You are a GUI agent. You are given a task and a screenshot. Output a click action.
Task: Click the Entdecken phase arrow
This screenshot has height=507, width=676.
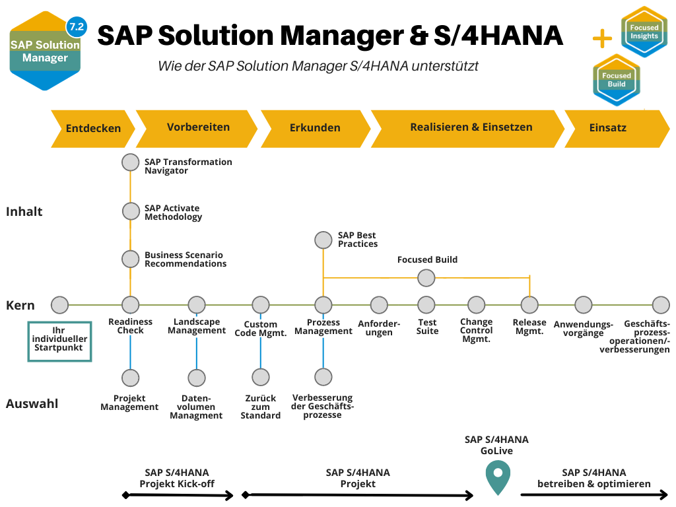tap(92, 128)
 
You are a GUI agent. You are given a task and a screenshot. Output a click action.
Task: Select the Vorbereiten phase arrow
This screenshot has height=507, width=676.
tap(197, 127)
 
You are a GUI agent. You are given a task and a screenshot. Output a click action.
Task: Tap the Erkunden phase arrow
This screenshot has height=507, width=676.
tap(315, 128)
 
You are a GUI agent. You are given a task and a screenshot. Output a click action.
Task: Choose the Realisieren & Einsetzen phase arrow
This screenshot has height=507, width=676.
tap(470, 127)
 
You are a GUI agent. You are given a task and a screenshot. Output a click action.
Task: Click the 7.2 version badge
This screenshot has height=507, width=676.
tap(77, 27)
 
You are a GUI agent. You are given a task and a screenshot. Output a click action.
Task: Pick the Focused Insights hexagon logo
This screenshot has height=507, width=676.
tap(644, 32)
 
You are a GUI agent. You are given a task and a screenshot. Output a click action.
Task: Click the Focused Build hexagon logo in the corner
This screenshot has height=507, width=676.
tap(616, 80)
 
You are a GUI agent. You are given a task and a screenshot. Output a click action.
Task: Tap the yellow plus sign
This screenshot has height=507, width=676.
tap(602, 39)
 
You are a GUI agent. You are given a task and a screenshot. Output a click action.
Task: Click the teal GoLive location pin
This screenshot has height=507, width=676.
tap(497, 477)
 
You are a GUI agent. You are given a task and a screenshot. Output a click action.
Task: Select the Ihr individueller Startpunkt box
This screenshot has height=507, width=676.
tap(59, 341)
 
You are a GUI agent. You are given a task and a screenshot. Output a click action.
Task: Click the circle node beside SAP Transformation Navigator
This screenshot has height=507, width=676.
tap(131, 162)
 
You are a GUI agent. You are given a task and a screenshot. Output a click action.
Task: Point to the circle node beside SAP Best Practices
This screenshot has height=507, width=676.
tap(323, 240)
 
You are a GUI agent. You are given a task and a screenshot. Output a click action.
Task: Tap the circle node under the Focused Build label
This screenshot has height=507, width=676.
tap(426, 278)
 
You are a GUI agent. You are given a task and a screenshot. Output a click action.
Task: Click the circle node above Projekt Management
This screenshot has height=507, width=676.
tap(131, 378)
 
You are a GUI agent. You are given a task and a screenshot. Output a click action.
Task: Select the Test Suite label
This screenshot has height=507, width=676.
tap(427, 327)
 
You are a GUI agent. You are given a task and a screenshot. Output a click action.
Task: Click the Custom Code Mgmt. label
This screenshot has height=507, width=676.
tap(261, 329)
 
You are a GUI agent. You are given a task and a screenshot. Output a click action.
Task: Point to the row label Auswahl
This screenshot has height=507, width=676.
tap(32, 403)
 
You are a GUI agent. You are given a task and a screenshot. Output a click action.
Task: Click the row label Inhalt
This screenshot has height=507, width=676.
tap(24, 211)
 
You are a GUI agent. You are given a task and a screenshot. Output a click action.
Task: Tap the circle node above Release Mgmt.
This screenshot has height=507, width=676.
tap(530, 305)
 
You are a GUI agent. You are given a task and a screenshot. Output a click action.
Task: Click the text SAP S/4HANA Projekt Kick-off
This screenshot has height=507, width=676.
tap(177, 478)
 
